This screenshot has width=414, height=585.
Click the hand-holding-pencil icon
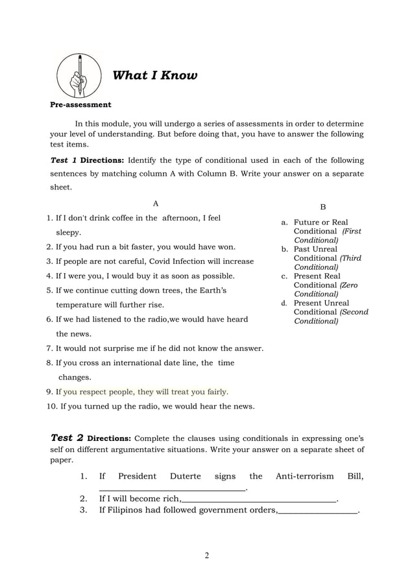[79, 75]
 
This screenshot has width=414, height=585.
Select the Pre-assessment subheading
[81, 104]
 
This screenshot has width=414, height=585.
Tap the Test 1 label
[64, 160]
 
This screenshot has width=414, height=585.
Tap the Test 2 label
[67, 438]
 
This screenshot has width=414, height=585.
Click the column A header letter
[155, 204]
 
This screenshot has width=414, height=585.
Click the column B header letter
[323, 207]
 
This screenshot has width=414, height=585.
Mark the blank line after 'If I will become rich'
[260, 499]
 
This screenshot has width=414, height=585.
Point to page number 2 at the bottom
[206, 555]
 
